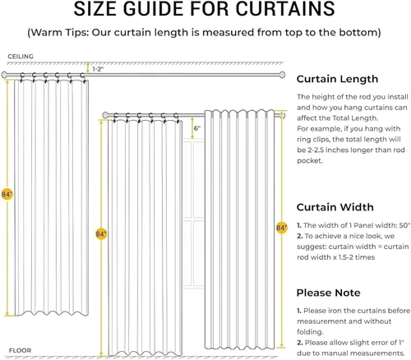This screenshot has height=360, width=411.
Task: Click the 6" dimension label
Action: click(197, 129)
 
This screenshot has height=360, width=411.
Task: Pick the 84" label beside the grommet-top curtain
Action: click(7, 194)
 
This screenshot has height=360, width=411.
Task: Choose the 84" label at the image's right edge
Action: click(281, 226)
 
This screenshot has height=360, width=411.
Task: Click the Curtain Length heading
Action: click(337, 80)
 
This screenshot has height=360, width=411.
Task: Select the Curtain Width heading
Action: click(335, 207)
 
